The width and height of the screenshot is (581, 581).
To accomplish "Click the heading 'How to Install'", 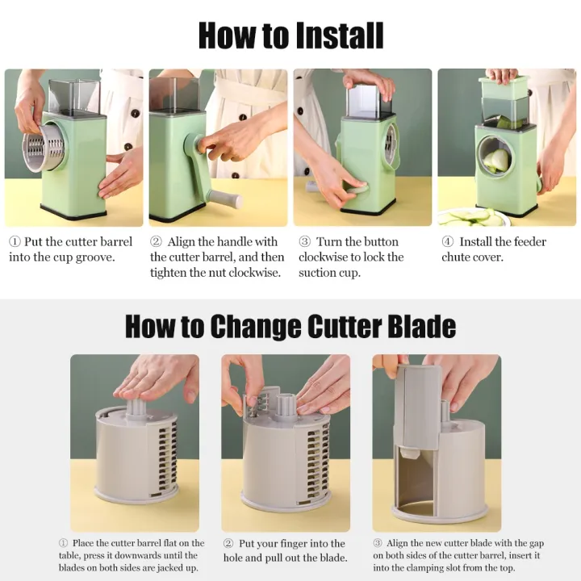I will [x=290, y=36].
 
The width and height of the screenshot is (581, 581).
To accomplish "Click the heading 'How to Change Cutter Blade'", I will [x=290, y=327].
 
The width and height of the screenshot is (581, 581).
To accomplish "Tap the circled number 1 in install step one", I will [x=15, y=242].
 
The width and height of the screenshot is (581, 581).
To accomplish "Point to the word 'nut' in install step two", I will [x=224, y=273].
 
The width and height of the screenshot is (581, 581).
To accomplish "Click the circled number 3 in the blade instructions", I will [x=378, y=544].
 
